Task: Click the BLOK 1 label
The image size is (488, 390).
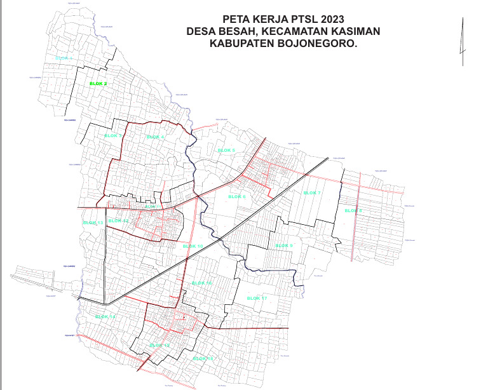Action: pos(64,58)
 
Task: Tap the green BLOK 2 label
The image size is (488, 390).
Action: pos(98,84)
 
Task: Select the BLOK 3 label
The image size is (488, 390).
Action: pos(112,136)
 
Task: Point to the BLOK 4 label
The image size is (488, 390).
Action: pos(155,137)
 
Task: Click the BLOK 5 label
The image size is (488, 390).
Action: pos(226,150)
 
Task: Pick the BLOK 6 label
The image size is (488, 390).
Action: pos(236,197)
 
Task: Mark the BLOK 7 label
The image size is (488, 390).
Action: pos(312,192)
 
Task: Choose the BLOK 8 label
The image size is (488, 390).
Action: pos(353,210)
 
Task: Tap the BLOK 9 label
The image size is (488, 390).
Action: pos(284,245)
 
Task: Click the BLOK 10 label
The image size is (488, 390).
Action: pos(193,246)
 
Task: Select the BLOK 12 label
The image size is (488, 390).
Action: pos(119,220)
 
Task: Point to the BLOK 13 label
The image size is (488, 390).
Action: pos(93,223)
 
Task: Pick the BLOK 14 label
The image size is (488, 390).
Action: pos(105,316)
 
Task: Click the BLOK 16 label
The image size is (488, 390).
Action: pos(202,283)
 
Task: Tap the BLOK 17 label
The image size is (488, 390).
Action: pos(257,298)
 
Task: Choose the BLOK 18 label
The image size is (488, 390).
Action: pos(202,359)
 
